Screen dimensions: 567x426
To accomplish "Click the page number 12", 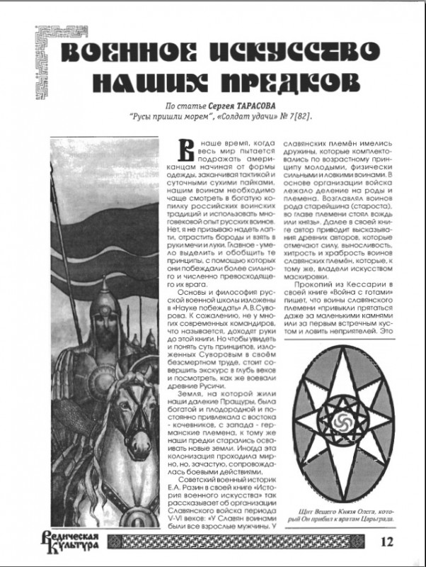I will tap(386, 542).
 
